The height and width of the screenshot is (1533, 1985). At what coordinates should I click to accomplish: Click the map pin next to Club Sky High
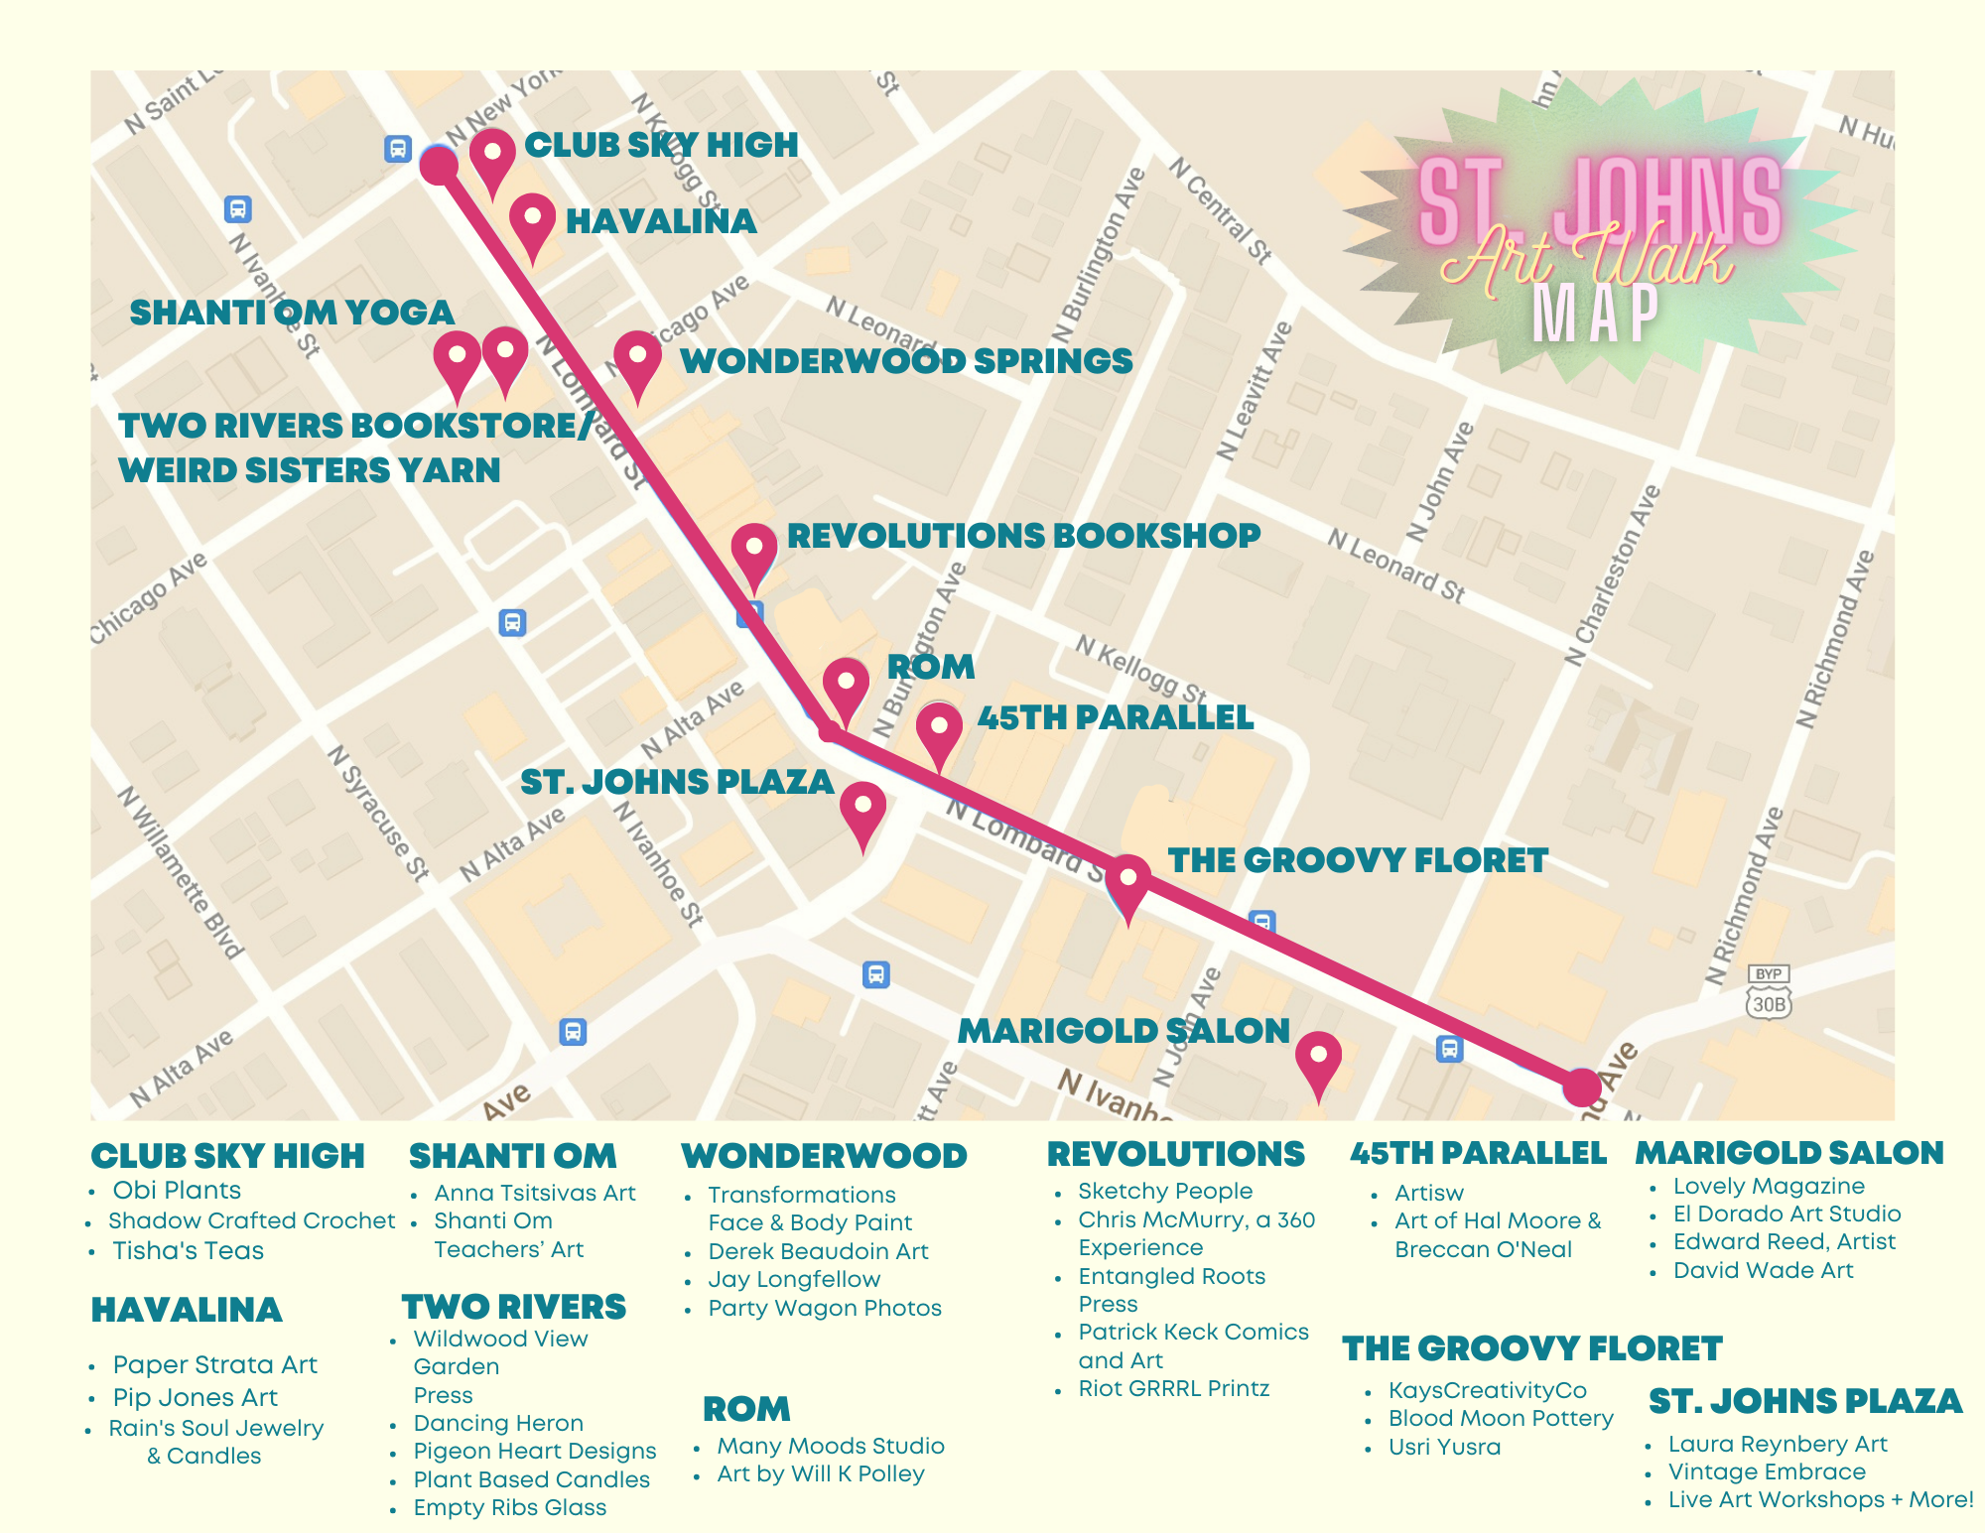click(492, 158)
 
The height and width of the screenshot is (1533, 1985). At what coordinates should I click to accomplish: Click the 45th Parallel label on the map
click(1115, 717)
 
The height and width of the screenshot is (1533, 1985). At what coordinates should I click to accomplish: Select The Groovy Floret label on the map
click(1357, 860)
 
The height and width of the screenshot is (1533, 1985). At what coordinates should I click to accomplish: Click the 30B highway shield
click(1769, 1003)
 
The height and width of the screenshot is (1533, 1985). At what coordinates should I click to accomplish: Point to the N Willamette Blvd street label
click(181, 873)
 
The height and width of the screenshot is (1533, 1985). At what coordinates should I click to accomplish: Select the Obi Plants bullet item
click(177, 1191)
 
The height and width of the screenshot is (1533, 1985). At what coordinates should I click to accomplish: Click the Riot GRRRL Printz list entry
click(1173, 1389)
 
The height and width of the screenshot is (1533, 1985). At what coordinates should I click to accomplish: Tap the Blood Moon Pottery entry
click(1500, 1419)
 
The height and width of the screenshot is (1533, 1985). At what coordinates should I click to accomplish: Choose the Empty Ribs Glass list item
click(509, 1508)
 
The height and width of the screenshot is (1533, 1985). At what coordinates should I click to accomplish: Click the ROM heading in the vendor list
click(746, 1409)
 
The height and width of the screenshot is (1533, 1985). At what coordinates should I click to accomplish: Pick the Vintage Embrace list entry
click(1766, 1472)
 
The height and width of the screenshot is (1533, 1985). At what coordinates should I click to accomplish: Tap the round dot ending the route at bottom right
click(1582, 1086)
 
